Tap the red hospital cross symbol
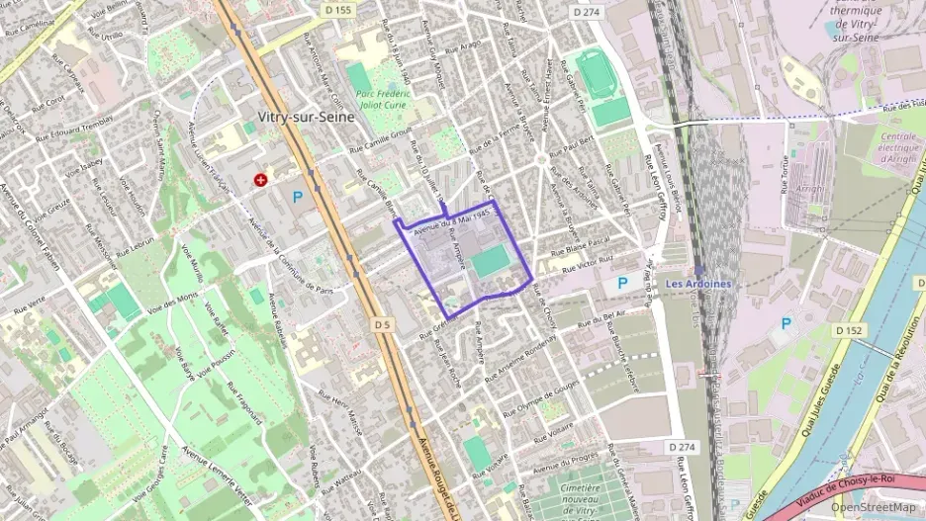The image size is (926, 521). click(x=260, y=180)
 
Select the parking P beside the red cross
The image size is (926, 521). click(x=297, y=197)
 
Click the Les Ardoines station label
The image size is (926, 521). click(x=698, y=284)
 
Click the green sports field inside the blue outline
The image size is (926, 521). click(x=491, y=263)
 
